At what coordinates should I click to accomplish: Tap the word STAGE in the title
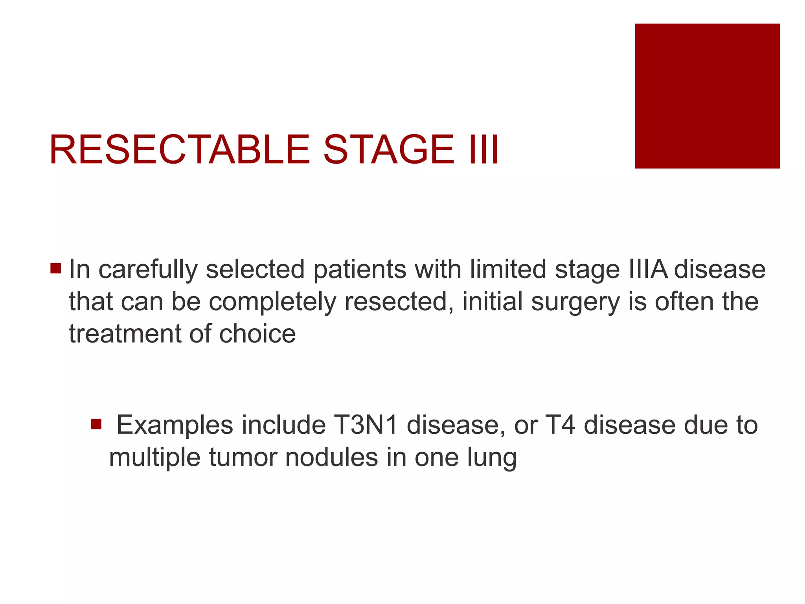(x=388, y=150)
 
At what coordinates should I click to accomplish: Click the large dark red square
(x=707, y=96)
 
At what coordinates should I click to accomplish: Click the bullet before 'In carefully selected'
(x=56, y=269)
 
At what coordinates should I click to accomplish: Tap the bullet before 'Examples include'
(x=96, y=424)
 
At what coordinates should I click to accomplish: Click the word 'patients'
(x=359, y=270)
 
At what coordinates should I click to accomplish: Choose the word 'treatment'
(x=125, y=334)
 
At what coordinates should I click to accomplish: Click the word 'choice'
(x=257, y=334)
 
